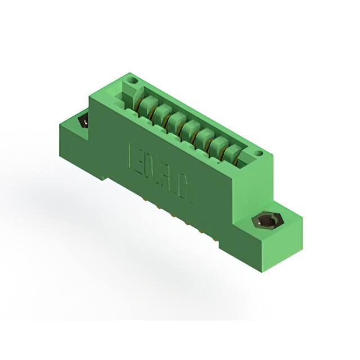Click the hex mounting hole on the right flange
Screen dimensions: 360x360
[x=264, y=223]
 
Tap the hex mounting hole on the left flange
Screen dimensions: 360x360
[x=84, y=120]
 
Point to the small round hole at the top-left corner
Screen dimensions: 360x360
[x=133, y=81]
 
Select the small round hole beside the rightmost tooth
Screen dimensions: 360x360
[x=258, y=153]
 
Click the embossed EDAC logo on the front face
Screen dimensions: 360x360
[x=161, y=174]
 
